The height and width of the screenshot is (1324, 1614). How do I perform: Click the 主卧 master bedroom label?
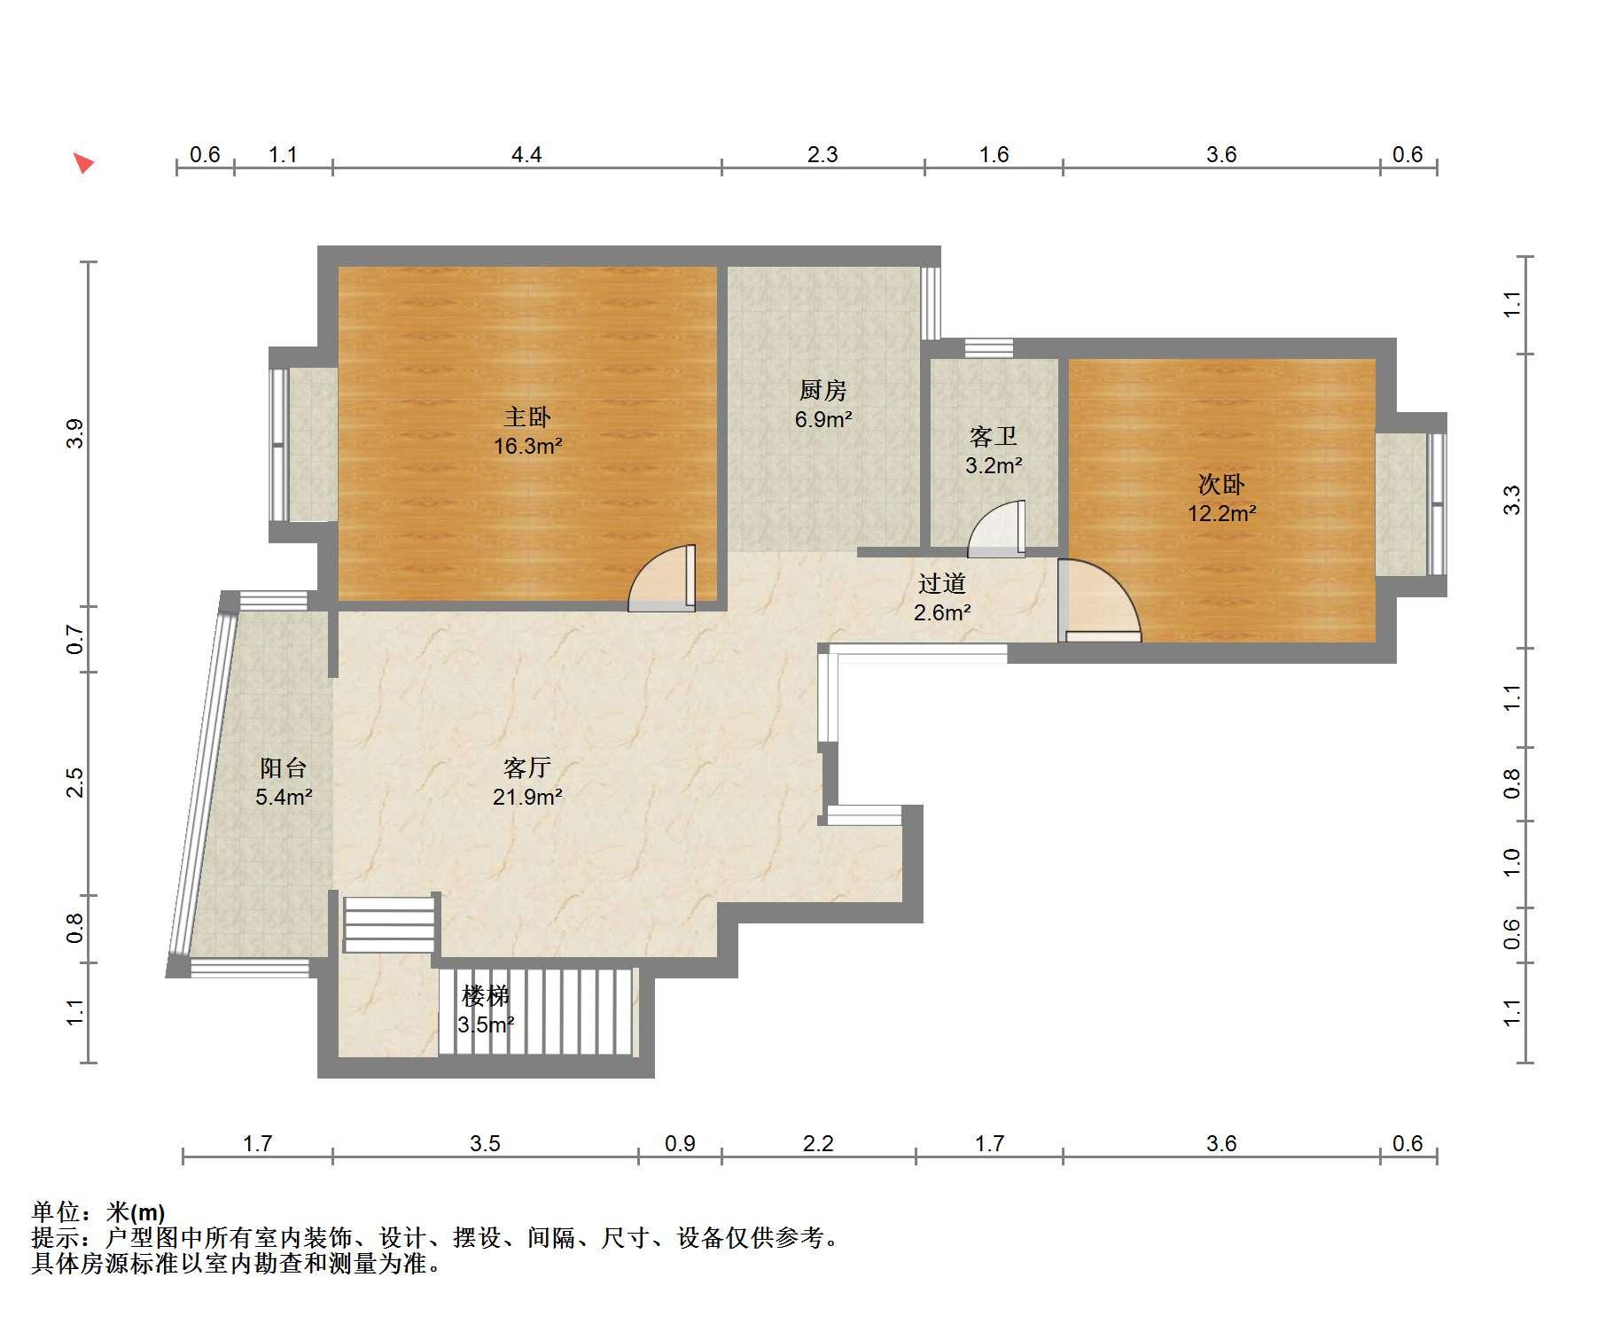click(527, 417)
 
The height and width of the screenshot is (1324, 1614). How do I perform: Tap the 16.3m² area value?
click(528, 446)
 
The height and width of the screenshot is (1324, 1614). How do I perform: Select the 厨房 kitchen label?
click(823, 390)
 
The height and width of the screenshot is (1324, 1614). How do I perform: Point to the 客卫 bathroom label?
click(993, 436)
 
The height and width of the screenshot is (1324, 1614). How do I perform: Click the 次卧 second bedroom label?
click(1221, 484)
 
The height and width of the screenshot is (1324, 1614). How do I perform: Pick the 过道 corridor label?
click(941, 583)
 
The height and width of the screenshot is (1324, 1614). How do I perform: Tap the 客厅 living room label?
click(527, 767)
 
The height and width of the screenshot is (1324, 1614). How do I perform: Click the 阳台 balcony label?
click(284, 767)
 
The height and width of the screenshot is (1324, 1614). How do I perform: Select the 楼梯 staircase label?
click(486, 996)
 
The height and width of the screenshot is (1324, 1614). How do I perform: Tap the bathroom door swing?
click(996, 529)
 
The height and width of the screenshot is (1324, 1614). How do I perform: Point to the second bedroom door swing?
click(1099, 601)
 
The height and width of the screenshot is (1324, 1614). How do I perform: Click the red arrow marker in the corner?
click(83, 163)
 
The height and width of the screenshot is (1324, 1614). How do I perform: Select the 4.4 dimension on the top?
click(526, 155)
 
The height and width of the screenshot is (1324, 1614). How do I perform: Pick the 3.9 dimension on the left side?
click(75, 432)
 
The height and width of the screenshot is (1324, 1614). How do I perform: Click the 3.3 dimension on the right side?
click(1512, 501)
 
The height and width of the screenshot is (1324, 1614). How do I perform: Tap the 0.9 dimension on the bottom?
click(680, 1143)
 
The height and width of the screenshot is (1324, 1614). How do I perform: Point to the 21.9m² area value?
click(528, 797)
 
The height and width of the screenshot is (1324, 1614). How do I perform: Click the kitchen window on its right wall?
click(930, 303)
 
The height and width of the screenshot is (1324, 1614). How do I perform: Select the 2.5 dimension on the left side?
click(75, 783)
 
